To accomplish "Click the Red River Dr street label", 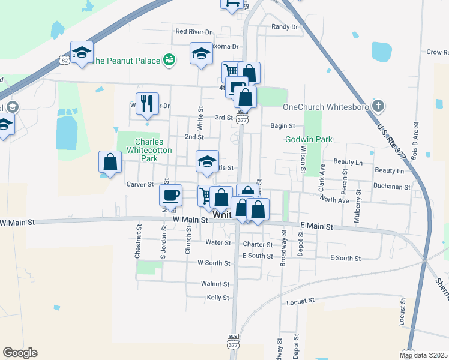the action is pos(193,31).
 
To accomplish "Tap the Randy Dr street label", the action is pos(285,26).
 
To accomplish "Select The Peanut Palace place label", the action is pos(125,61).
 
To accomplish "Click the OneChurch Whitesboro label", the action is pos(325,107).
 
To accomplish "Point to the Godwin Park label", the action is pos(308,139).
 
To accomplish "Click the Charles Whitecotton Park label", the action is pos(139,150).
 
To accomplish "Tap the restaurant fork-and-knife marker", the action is pos(147,103).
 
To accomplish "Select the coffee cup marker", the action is pos(170,194).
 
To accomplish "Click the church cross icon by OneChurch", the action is pos(377,107).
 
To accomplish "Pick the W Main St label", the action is pos(189,220).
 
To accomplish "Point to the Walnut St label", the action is pos(215,283).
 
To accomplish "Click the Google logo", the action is pos(20,353).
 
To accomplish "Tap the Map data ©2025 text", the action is pos(423,355).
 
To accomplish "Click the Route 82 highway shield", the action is pos(64,59).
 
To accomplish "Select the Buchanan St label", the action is pos(391,187).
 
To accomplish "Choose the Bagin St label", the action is pos(283,126).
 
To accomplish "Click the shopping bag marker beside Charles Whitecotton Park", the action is pos(110,161).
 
